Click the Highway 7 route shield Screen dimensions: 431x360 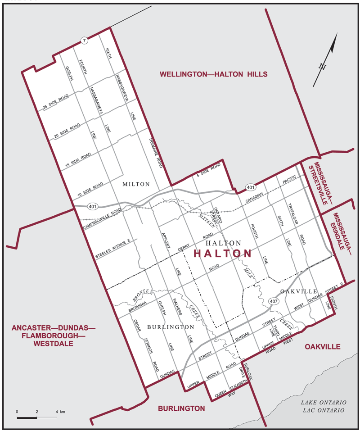click(84, 41)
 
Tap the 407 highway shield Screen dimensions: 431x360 click(274, 300)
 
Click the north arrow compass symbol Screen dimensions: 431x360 click(325, 61)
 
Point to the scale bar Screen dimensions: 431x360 click(37, 417)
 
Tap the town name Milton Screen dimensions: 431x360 click(136, 184)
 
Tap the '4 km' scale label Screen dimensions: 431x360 click(60, 412)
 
